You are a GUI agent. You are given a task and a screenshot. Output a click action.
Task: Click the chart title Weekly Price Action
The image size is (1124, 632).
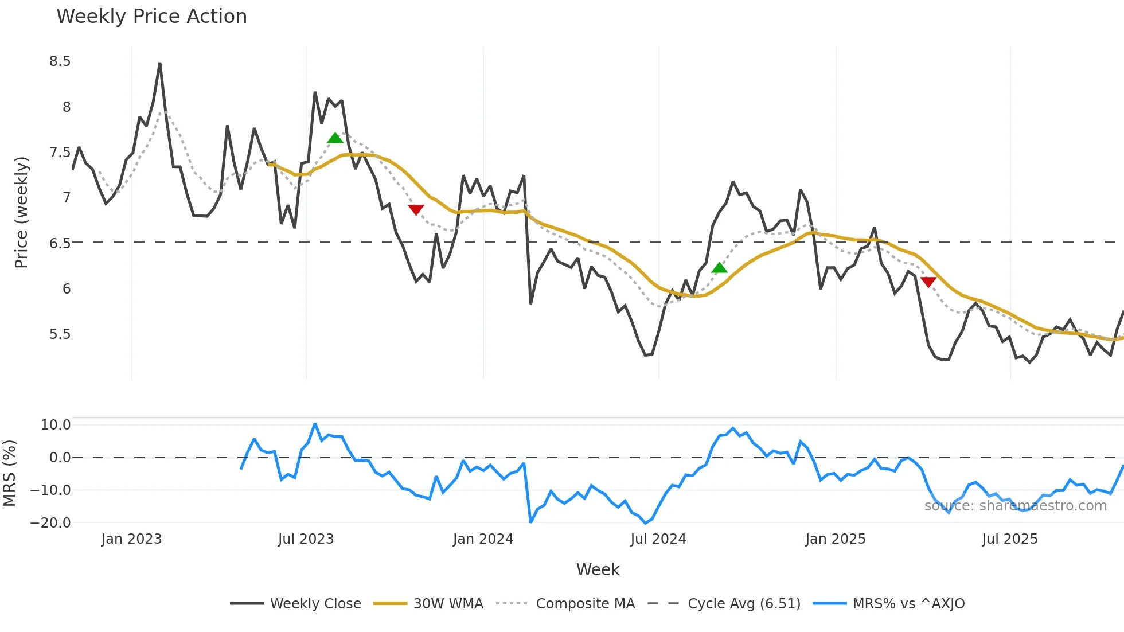pyautogui.click(x=151, y=17)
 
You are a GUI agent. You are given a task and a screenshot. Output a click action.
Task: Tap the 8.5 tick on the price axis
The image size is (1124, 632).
pyautogui.click(x=60, y=61)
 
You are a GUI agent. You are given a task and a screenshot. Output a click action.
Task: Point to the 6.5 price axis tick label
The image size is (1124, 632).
pyautogui.click(x=60, y=243)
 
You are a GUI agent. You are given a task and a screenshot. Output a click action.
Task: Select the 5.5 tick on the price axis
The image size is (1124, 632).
pyautogui.click(x=60, y=334)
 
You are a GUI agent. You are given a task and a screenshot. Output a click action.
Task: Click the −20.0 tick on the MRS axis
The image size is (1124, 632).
pyautogui.click(x=50, y=523)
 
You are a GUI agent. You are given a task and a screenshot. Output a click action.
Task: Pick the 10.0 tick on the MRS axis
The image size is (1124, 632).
pyautogui.click(x=56, y=425)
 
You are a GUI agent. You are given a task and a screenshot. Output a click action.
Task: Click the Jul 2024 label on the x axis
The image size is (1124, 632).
pyautogui.click(x=658, y=539)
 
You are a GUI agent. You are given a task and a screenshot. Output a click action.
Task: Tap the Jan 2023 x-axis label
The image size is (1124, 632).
pyautogui.click(x=131, y=539)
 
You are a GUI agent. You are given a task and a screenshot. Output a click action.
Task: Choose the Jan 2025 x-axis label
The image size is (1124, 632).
pyautogui.click(x=835, y=539)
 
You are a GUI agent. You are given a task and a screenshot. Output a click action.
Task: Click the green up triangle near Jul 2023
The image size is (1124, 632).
pyautogui.click(x=335, y=138)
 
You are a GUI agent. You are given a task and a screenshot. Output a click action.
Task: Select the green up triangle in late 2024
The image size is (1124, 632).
pyautogui.click(x=719, y=268)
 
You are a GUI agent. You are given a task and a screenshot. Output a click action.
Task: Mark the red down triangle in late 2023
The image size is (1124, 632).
pyautogui.click(x=416, y=209)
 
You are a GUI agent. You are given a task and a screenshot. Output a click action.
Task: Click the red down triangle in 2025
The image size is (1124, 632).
pyautogui.click(x=928, y=282)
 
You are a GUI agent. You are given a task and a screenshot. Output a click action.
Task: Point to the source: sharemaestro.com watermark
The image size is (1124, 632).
pyautogui.click(x=1015, y=506)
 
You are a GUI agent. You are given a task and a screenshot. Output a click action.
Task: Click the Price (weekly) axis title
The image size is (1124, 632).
pyautogui.click(x=21, y=212)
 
